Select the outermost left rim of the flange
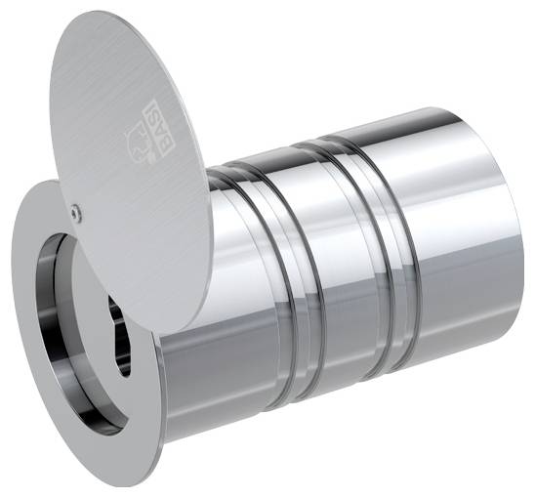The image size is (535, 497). (x=11, y=293)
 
